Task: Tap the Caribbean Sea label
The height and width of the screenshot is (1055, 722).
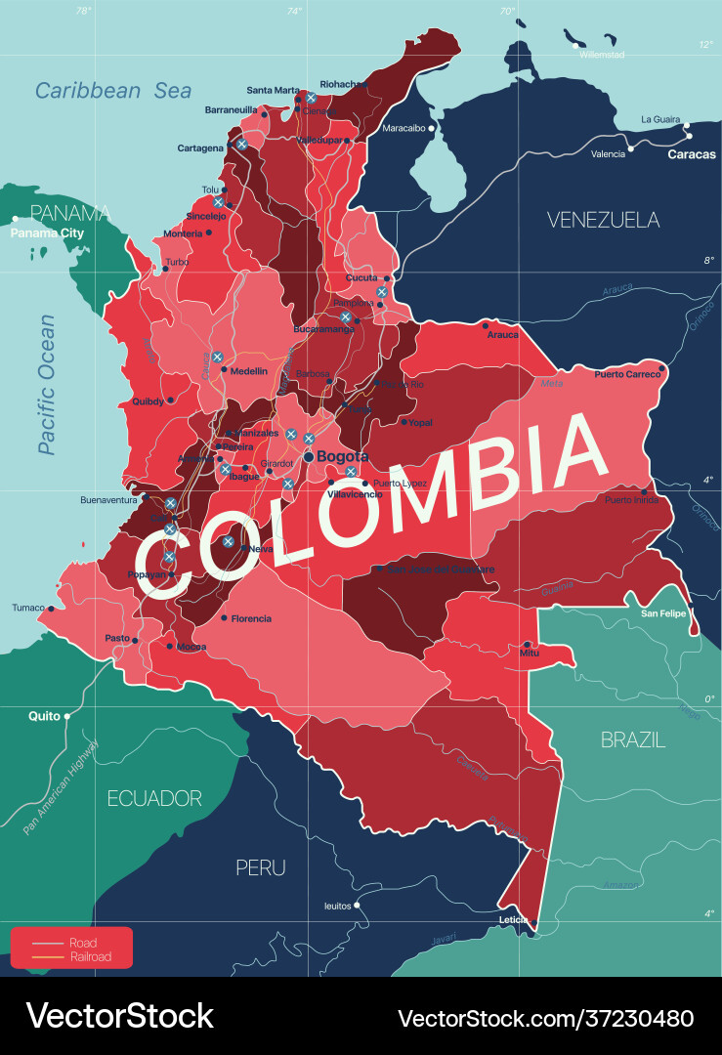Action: coord(113,91)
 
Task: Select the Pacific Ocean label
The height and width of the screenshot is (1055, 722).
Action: coord(46,384)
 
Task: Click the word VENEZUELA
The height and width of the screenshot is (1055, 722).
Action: coord(603,220)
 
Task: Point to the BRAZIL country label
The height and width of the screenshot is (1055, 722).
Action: coord(633,740)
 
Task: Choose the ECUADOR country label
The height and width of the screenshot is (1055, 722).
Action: coord(154,798)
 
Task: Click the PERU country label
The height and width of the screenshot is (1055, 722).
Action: coord(261,866)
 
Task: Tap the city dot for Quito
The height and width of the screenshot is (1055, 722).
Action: coord(67,716)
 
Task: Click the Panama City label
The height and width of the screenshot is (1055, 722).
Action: coord(48,233)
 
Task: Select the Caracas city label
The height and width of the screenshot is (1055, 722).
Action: coord(691,154)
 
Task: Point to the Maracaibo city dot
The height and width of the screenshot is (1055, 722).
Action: coord(431,128)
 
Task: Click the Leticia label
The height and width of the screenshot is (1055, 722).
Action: coord(512,920)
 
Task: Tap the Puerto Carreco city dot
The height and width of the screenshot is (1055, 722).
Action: coord(661,369)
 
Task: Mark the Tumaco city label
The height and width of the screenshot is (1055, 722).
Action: coord(28,608)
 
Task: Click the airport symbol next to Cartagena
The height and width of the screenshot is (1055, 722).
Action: coord(241,144)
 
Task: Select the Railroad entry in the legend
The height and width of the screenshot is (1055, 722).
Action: coord(90,957)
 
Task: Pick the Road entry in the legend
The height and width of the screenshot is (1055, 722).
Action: coord(83,943)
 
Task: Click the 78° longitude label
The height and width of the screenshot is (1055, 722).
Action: coord(84,11)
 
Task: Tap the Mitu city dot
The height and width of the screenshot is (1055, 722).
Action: coord(528,645)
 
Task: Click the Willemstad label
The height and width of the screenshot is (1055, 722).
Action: coord(601,55)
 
